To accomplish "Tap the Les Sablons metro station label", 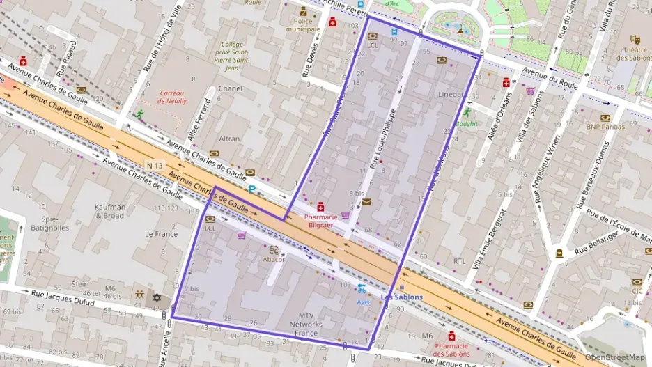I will pyautogui.click(x=401, y=297).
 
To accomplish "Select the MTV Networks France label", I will pyautogui.click(x=306, y=325).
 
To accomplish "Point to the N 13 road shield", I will pyautogui.click(x=155, y=165).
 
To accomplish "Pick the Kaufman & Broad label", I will pyautogui.click(x=110, y=211).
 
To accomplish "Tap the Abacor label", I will pyautogui.click(x=274, y=259).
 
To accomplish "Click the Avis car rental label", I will pyautogui.click(x=362, y=302).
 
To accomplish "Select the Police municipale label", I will pyautogui.click(x=303, y=25).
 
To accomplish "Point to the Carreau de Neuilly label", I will pyautogui.click(x=171, y=97).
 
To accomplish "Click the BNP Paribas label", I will pyautogui.click(x=605, y=127).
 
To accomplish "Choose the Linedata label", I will pyautogui.click(x=451, y=94).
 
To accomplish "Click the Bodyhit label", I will pyautogui.click(x=466, y=123).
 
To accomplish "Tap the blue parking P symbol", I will pyautogui.click(x=252, y=189).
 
